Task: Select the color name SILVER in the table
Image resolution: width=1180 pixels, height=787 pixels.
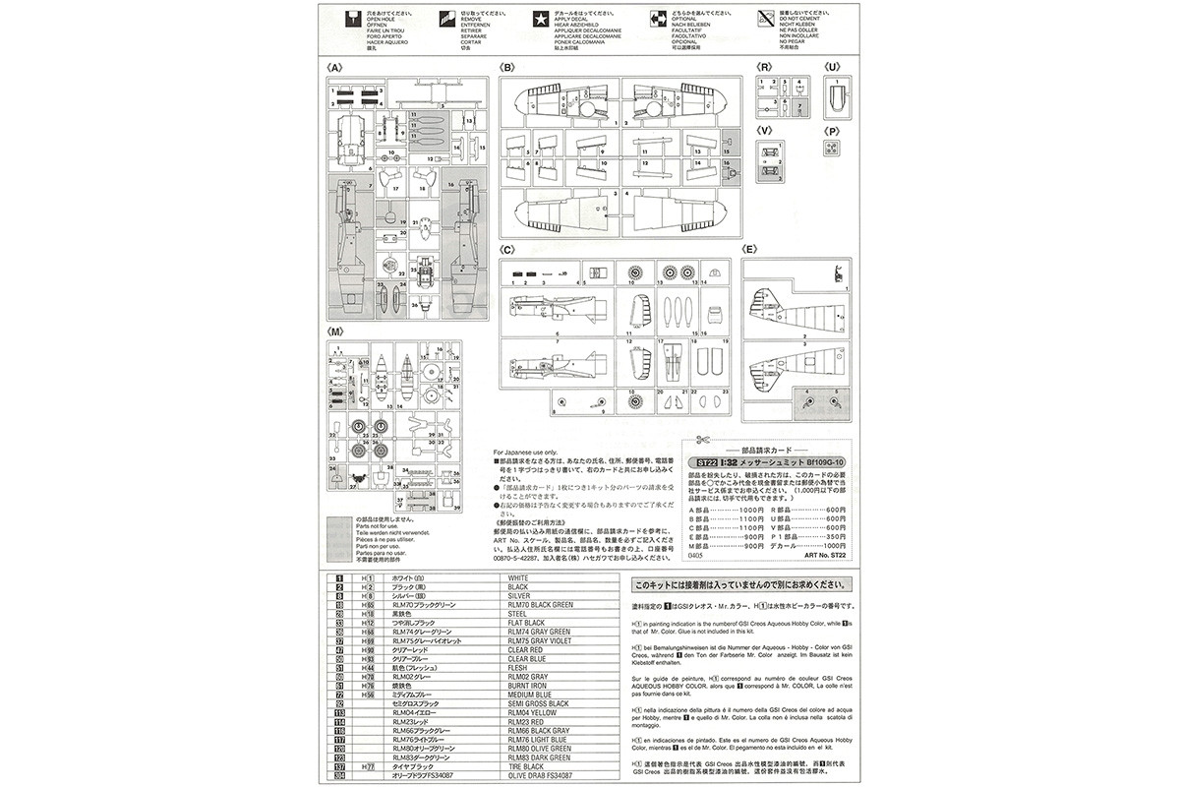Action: coord(518,595)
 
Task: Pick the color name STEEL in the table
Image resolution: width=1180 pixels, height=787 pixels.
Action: coord(517,613)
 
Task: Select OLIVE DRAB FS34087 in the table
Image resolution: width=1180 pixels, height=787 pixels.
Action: coord(543,775)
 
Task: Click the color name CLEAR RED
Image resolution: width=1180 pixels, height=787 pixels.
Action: coord(524,649)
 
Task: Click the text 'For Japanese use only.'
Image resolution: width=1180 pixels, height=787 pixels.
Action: coord(527,452)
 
